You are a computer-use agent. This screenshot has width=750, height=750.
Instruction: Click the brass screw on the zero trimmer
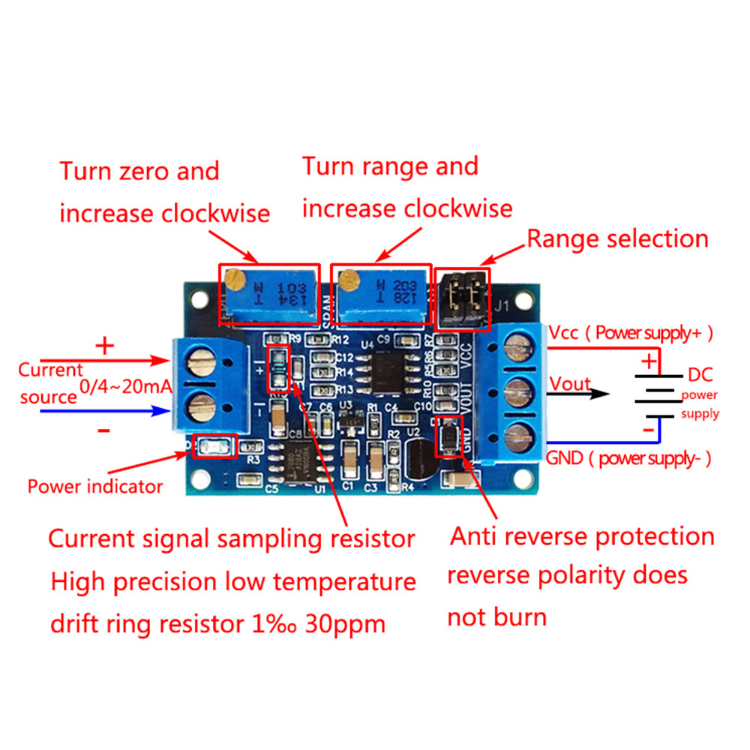(237, 281)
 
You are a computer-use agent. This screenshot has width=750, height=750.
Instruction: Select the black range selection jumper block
(462, 298)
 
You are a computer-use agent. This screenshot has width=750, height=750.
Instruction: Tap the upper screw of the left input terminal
(201, 367)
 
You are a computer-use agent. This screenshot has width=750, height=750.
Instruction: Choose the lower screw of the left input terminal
(201, 409)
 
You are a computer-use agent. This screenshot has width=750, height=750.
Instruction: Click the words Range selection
(617, 239)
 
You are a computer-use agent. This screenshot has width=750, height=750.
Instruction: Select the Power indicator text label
(95, 486)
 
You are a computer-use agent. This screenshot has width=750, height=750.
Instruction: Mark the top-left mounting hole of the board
(198, 300)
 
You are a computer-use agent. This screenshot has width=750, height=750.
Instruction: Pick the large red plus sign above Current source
(105, 346)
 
